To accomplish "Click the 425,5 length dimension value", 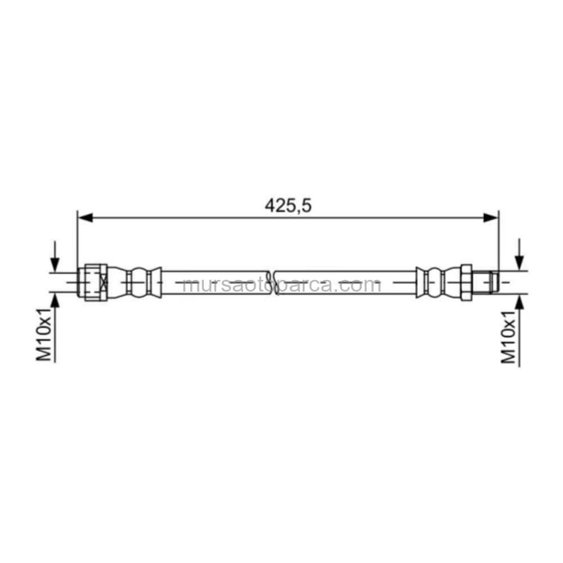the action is pyautogui.click(x=288, y=205).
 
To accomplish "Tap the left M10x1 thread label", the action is pyautogui.click(x=44, y=334).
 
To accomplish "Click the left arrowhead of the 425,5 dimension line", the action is pyautogui.click(x=86, y=217).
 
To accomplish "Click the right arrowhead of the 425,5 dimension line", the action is pyautogui.click(x=490, y=217).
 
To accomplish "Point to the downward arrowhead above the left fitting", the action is pyautogui.click(x=55, y=265).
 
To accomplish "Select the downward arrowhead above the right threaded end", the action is pyautogui.click(x=519, y=262).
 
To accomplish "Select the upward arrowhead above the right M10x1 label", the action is pyautogui.click(x=519, y=302).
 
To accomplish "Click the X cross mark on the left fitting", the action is pyautogui.click(x=104, y=283).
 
